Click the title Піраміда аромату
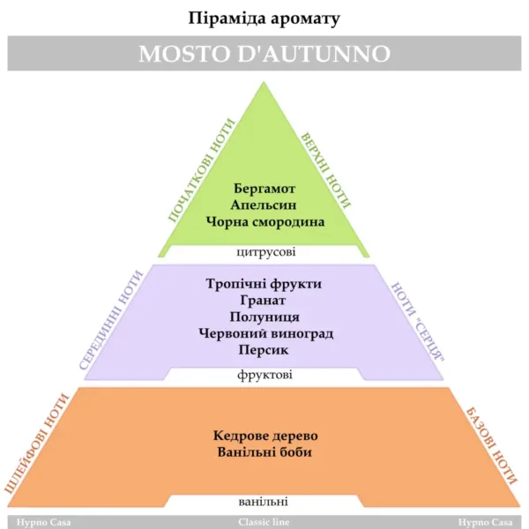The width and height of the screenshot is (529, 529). pos(264,19)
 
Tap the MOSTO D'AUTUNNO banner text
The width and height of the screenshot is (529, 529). pos(264,53)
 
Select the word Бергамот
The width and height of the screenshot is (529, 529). pos(264,189)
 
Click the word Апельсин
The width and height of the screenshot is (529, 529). pos(264,205)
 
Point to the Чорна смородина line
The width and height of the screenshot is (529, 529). pos(265,222)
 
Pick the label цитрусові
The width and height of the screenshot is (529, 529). pos(266,252)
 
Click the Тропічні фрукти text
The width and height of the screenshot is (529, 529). pos(264,284)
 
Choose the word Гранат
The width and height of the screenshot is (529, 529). pos(263,301)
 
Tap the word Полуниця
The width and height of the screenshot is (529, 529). pos(264,317)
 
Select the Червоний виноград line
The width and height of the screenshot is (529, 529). pos(266,333)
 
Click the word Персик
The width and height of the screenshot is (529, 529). pos(264,350)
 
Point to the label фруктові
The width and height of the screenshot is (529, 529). pos(264,375)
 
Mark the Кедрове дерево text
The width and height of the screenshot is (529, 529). pos(265,436)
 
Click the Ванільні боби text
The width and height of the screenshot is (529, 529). pos(264,452)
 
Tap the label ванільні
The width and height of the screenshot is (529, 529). pos(263,502)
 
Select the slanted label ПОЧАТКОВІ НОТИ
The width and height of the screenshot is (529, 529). pos(201,171)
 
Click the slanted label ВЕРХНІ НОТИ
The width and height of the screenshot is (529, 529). pos(325,170)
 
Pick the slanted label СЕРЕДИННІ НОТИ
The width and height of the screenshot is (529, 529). pos(111,320)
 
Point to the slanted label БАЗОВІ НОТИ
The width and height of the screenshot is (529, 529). pos(492,446)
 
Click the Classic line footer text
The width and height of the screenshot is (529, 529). pos(264,522)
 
